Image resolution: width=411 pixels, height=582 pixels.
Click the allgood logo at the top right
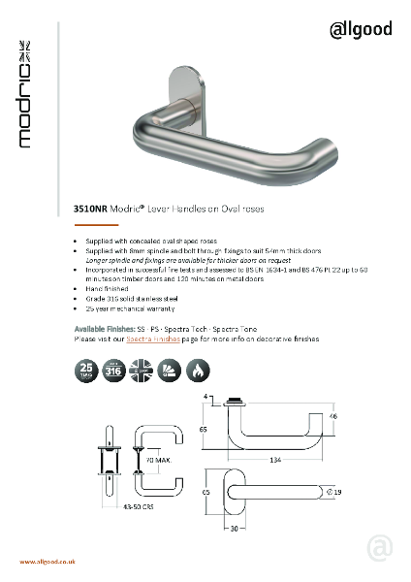[x=360, y=29]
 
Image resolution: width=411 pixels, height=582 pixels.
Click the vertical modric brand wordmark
[x=27, y=93]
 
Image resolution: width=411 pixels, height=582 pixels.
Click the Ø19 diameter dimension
[x=335, y=494]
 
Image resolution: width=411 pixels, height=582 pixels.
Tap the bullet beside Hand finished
[x=78, y=289]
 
